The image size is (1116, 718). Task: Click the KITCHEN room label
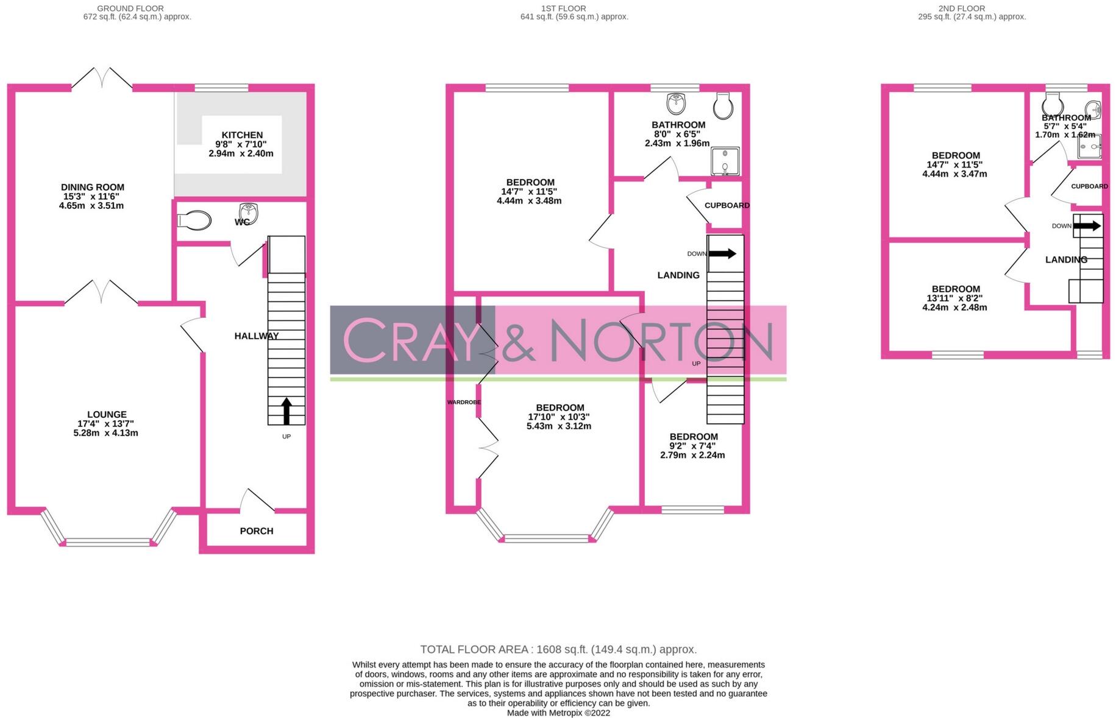point(242,135)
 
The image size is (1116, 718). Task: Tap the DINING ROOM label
point(93,188)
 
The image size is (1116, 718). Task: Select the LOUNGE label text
point(107,415)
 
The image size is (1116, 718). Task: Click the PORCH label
point(257,531)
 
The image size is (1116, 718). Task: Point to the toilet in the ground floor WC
point(194,220)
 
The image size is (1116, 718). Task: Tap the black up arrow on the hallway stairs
point(286,411)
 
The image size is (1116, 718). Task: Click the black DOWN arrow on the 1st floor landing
point(722,253)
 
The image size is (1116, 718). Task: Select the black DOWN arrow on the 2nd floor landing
point(1087,226)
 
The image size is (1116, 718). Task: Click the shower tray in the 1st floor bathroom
point(725,161)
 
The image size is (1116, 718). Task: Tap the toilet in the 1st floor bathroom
point(723,107)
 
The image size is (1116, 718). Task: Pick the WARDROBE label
point(464,403)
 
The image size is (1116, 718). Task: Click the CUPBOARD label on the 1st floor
point(727,205)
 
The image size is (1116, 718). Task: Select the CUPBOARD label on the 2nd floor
point(1089,186)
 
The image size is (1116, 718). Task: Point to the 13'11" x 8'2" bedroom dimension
point(955,298)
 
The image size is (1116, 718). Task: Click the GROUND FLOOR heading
point(130,9)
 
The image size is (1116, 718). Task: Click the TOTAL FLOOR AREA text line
point(558,650)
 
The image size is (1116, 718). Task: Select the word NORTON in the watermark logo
point(661,341)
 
